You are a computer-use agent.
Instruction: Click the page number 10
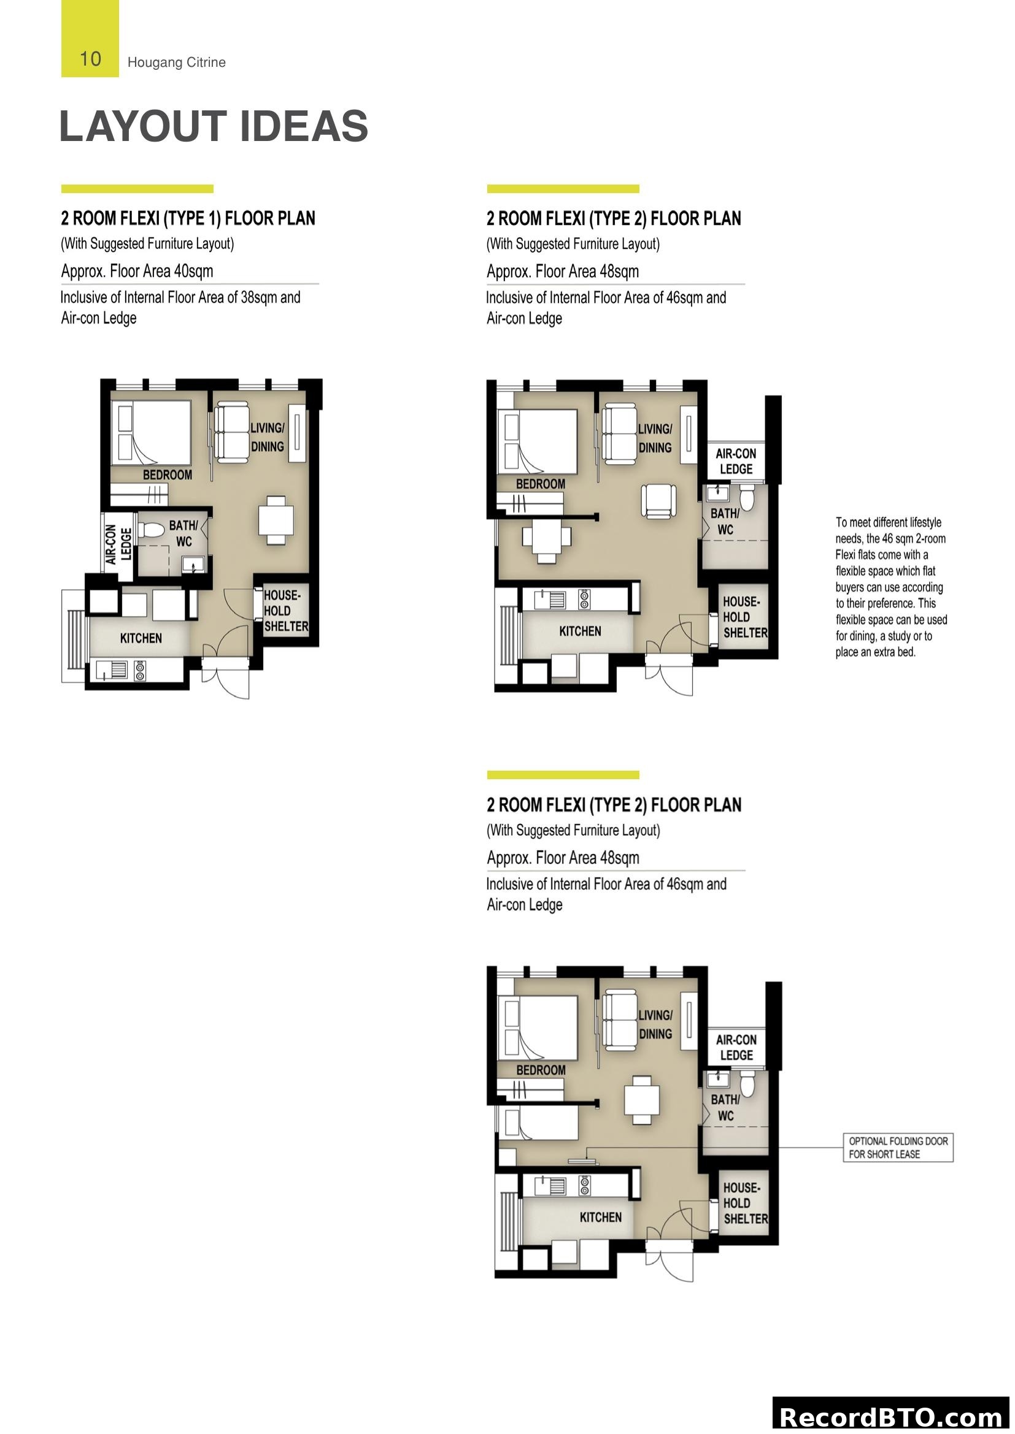90,59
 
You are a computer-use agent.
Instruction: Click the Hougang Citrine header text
176,62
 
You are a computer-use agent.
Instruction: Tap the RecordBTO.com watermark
892,1416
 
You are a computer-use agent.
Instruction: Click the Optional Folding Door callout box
898,1147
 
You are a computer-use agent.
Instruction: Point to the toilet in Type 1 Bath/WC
151,530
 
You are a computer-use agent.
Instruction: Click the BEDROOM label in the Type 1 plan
167,475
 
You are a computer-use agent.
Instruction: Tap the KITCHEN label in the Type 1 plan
141,638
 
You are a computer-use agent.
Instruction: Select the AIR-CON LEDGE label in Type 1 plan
118,543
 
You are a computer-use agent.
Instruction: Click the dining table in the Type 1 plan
276,520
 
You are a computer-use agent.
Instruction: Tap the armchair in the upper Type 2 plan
658,501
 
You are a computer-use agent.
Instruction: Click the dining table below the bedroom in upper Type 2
546,536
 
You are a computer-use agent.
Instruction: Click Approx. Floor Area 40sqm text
137,271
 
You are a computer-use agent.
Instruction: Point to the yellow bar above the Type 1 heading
137,189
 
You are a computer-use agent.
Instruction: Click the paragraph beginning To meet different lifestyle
890,587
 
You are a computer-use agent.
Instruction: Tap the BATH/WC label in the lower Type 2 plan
725,1107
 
